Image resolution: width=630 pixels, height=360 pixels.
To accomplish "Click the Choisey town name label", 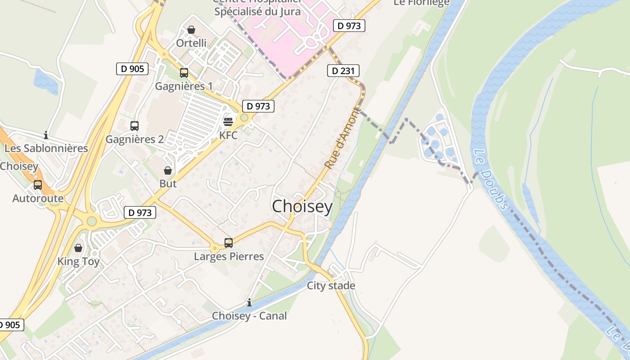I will pos(302,207).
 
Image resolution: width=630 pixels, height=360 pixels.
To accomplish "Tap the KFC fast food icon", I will pos(228,121).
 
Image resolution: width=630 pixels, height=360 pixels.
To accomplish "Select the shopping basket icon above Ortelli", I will pos(191,30).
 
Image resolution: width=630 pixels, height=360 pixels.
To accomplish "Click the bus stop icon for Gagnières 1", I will pos(184,73).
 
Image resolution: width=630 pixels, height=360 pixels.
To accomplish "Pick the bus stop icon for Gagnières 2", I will pos(134,126).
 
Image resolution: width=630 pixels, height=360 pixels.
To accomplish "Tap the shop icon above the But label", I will pos(168,171).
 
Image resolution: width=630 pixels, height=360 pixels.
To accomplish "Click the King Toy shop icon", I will pos(78,248).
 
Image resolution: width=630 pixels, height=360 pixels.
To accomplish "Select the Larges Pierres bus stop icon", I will pos(229,243).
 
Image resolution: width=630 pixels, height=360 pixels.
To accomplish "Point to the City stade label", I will pos(331,286).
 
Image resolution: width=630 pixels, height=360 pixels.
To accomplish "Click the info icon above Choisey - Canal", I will pos(249,302).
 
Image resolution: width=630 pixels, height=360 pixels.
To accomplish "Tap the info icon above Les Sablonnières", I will pos(46,135).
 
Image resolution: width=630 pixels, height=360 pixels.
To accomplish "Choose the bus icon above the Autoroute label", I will pos(38,184).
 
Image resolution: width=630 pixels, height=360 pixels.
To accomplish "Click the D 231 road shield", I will pos(343,71).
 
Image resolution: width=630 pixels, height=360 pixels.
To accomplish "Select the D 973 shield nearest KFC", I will pos(258,106).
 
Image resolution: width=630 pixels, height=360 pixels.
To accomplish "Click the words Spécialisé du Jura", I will pos(257,12).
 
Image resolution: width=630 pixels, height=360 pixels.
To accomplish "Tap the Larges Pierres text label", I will pos(229,256).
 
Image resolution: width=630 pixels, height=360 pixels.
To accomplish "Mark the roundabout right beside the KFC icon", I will pos(244,118).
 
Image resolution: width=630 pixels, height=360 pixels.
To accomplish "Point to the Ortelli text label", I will pos(191,43).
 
